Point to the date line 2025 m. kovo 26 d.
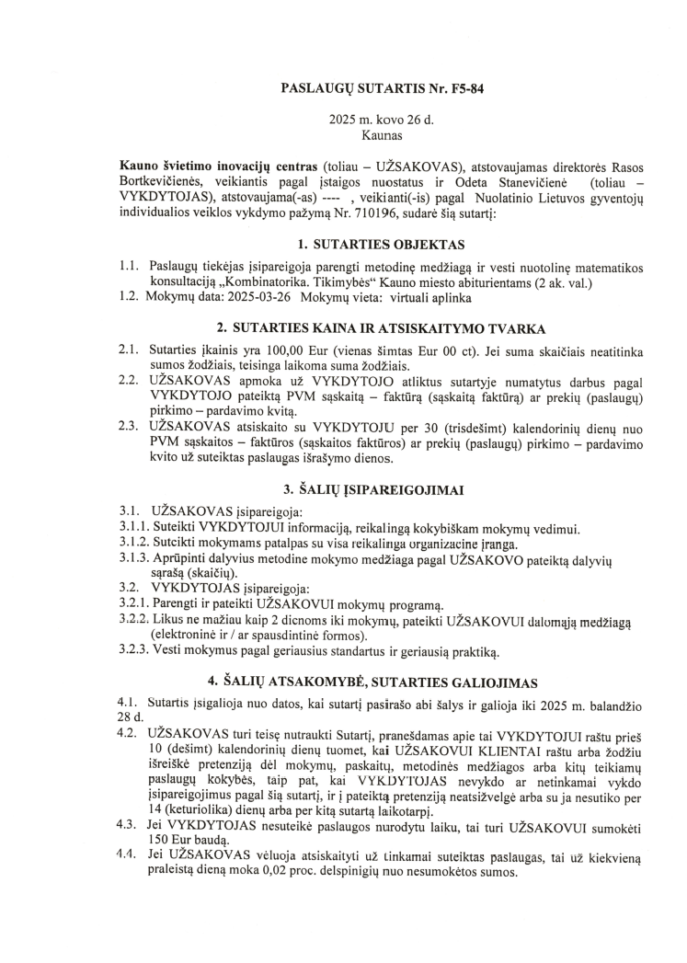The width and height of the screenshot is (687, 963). [373, 120]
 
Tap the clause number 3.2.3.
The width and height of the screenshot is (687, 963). [140, 654]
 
